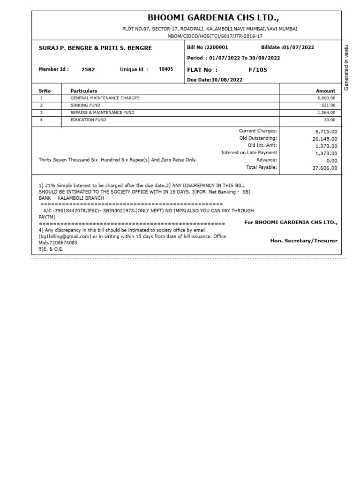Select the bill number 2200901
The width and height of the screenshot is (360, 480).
217,48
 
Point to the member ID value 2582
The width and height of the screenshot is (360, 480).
88,69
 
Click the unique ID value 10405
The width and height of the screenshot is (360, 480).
166,69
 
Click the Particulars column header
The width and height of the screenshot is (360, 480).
84,90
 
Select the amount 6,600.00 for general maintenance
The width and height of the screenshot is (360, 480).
326,98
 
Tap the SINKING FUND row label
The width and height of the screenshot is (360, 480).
82,105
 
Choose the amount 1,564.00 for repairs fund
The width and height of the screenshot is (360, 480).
326,113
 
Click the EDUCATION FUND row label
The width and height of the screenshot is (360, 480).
88,120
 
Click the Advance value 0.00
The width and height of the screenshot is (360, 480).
331,160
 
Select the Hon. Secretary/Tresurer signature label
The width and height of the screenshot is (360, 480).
304,241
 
